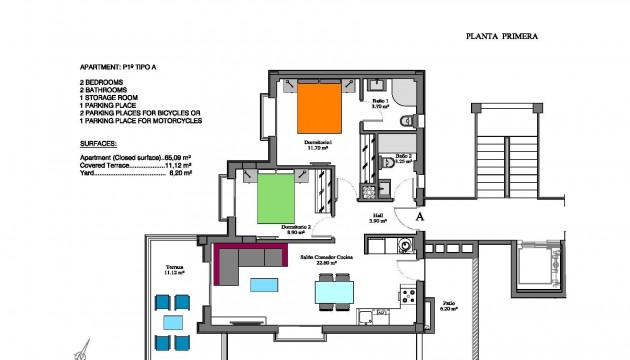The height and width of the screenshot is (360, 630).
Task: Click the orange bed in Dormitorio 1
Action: [x=320, y=107]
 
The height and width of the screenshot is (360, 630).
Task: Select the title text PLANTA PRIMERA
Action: [x=502, y=36]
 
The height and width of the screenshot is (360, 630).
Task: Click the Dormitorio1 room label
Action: [x=319, y=144]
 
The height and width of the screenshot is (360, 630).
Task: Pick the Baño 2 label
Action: [x=402, y=157]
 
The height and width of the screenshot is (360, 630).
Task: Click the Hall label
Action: [x=378, y=215]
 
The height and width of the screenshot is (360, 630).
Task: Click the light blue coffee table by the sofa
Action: [x=264, y=284]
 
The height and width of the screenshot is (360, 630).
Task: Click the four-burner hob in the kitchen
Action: [x=408, y=294]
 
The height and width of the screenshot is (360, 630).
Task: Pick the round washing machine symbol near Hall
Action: [x=405, y=243]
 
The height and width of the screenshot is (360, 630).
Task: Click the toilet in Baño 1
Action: [x=406, y=120]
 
